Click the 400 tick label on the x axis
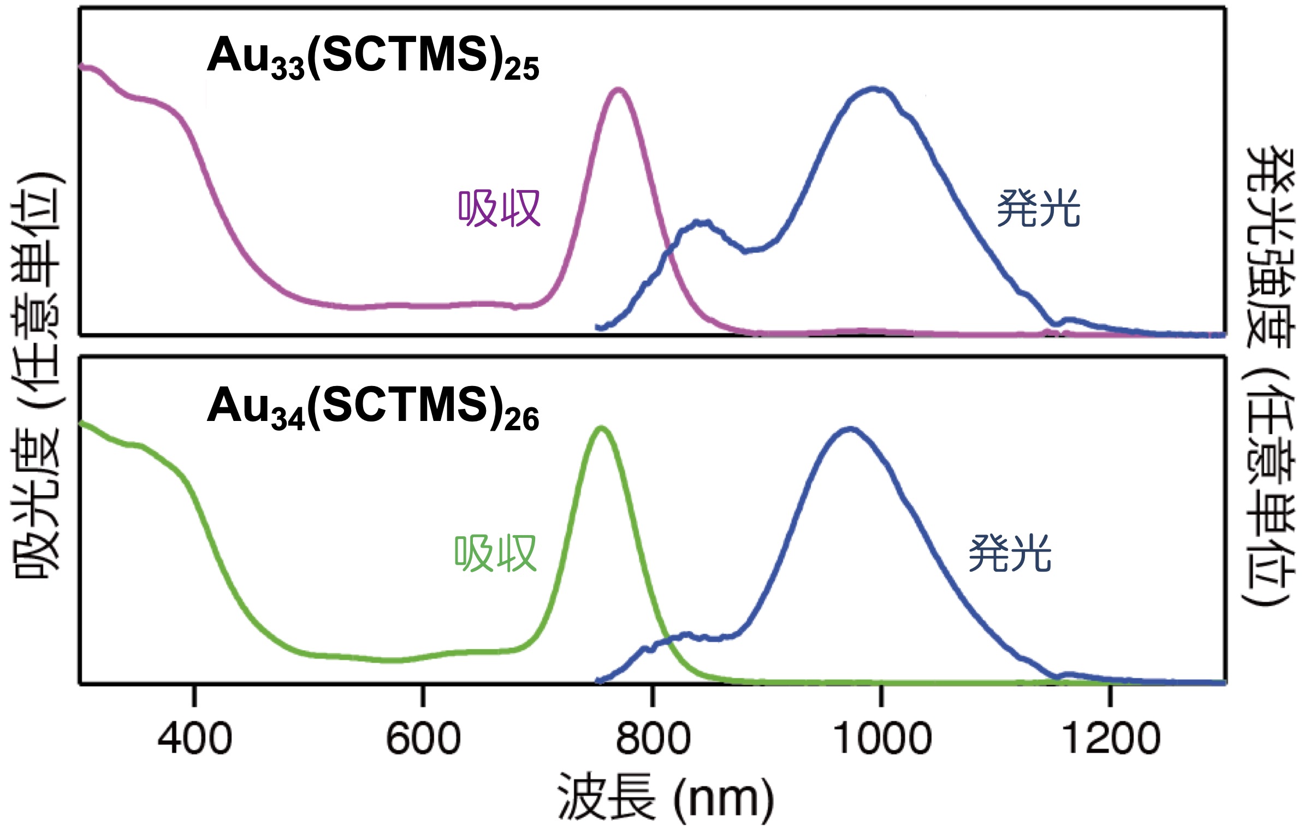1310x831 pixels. tap(195, 738)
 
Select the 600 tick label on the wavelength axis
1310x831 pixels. tap(423, 738)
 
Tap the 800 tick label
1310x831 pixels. tap(653, 738)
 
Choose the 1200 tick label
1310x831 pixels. tap(1111, 738)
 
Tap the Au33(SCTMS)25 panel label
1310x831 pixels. tap(373, 57)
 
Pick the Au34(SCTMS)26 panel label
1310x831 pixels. tap(373, 407)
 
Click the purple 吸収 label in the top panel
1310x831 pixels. tap(499, 208)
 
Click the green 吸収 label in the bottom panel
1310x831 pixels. tap(496, 554)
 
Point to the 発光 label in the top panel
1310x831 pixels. tap(1039, 208)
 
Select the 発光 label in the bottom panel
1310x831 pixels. tap(1010, 554)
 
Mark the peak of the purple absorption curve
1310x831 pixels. tap(618, 90)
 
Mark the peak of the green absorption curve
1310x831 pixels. tap(601, 429)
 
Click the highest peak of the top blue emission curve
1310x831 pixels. tap(874, 88)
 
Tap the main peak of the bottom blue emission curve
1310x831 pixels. tap(850, 429)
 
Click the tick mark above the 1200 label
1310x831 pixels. tap(1111, 695)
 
